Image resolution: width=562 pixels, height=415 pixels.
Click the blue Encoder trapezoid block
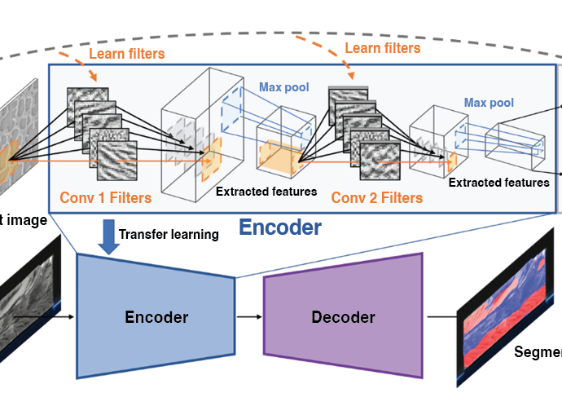tap(155, 316)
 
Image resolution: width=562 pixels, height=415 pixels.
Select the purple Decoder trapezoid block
tap(342, 316)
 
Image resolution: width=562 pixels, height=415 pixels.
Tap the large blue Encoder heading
tap(279, 227)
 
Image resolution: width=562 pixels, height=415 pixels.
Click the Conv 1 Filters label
tap(106, 197)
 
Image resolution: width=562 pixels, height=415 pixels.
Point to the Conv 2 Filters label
tap(376, 197)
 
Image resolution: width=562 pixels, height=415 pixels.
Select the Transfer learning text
tap(169, 235)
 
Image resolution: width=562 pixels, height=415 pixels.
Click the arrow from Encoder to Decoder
tap(248, 316)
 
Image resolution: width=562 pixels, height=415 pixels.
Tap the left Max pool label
tap(283, 87)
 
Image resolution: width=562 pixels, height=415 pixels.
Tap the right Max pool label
tap(489, 103)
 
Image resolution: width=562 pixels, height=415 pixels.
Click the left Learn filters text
tap(127, 54)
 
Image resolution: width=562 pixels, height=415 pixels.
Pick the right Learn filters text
tap(382, 48)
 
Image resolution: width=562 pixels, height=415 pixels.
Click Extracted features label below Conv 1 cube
tap(266, 192)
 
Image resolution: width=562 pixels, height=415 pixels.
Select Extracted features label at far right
tap(498, 183)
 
